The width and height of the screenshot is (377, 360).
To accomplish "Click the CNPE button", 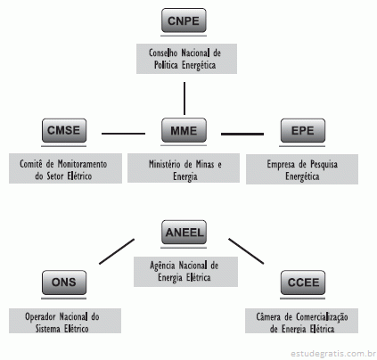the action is coord(184,20).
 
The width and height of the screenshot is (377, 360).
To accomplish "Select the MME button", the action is coord(184,130).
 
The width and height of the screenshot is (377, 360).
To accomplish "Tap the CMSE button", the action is coord(64,130).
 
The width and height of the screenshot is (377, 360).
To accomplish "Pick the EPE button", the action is coord(303,131).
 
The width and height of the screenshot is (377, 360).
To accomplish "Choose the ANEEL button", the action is coord(184,233).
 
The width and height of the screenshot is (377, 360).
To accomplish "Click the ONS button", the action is coord(64,282).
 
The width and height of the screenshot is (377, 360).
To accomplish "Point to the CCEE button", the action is coord(303,282).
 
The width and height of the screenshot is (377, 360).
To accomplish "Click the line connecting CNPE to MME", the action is coord(184,98).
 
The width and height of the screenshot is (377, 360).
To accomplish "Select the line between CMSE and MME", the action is coord(123,134).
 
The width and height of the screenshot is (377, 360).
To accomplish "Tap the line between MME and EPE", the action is coord(242,134).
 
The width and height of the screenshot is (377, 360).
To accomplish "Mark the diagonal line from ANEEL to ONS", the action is coord(117,251).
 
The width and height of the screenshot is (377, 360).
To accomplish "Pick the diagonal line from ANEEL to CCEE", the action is coord(246,251).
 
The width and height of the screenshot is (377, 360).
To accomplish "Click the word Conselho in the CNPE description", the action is coord(163,53).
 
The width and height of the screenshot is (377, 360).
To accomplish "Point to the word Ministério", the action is coord(165,164).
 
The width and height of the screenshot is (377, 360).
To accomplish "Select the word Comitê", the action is coord(31,164).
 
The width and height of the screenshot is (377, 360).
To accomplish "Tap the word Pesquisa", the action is coord(324,165).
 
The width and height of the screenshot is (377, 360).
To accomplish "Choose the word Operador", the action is coord(39,317).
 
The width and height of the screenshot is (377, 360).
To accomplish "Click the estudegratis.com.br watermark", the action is coord(333,354).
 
